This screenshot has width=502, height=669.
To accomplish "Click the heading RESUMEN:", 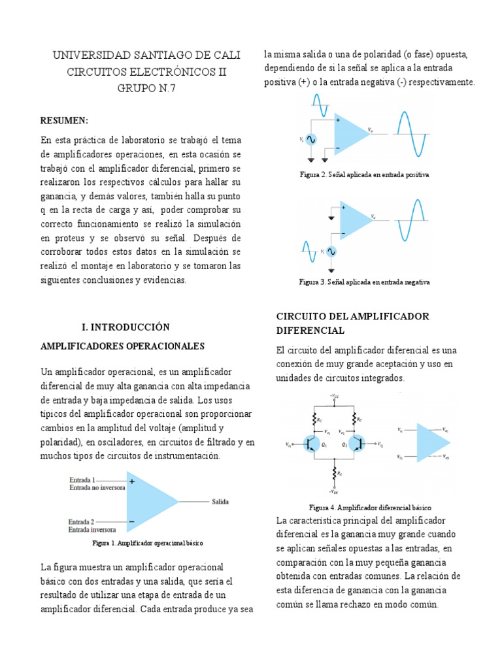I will coord(64,121).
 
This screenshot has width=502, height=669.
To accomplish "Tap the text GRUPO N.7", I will coord(146,88).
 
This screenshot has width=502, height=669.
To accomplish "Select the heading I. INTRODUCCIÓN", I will coord(125,327).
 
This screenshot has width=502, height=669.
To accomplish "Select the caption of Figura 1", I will coord(148,543).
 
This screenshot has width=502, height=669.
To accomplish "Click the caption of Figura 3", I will coord(364,282).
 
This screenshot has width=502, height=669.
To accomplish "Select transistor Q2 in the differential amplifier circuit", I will coord(356,444).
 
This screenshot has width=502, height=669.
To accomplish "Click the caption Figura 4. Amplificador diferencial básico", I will coord(369,508).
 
